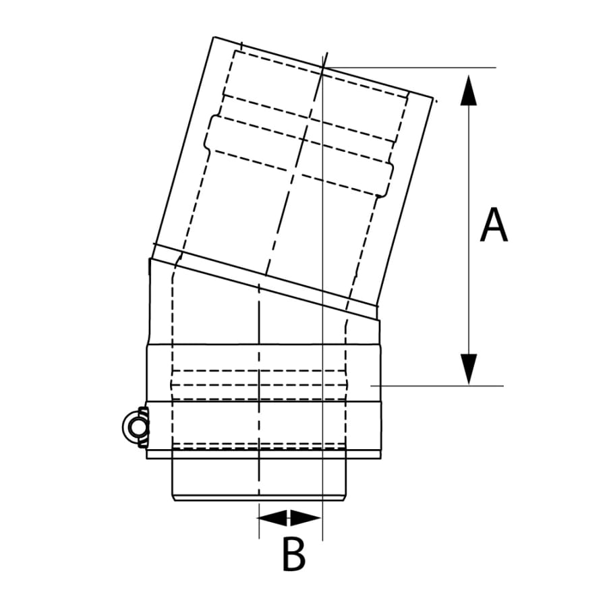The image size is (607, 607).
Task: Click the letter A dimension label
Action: [x=494, y=225]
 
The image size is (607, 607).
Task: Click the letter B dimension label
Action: [x=294, y=554]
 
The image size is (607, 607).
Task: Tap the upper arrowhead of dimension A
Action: [x=469, y=90]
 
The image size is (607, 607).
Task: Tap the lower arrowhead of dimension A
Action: [x=469, y=369]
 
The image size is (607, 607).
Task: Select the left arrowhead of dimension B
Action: [x=272, y=517]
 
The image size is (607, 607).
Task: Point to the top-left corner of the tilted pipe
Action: [x=214, y=37]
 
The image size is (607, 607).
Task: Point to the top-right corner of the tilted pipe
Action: [x=433, y=98]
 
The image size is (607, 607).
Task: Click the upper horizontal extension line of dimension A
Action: [x=409, y=67]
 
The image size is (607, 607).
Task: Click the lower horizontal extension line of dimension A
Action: [x=437, y=386]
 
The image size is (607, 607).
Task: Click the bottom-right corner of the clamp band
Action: [x=381, y=459]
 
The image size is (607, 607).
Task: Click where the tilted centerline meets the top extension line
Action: [x=323, y=67]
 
